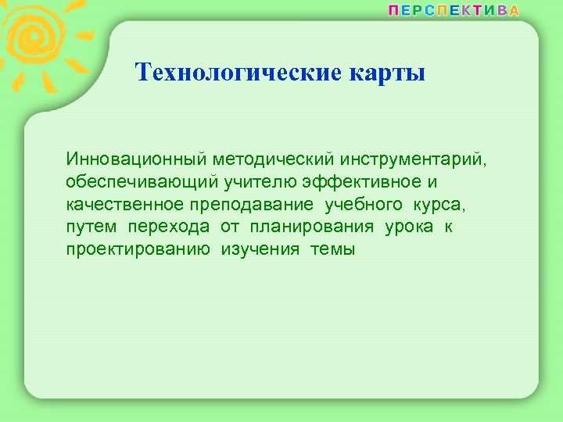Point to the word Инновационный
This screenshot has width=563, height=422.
click(135, 159)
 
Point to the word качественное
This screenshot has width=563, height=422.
click(124, 205)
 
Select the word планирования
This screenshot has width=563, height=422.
click(312, 227)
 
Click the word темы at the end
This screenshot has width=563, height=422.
click(332, 250)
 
